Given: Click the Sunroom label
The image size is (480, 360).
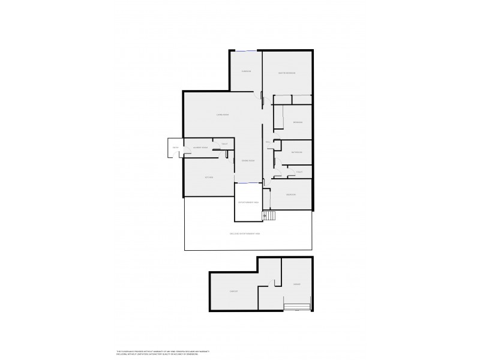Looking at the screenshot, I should (x=246, y=71).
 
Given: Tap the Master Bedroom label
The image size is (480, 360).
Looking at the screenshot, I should (x=287, y=73).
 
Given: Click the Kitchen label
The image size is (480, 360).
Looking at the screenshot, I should (x=209, y=178).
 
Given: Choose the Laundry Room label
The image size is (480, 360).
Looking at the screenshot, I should (x=200, y=148).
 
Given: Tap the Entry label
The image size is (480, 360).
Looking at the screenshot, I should (x=176, y=148).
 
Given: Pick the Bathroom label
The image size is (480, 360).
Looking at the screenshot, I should (x=296, y=152).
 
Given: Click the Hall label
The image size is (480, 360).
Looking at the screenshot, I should (x=268, y=142).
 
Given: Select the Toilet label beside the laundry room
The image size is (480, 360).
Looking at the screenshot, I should (x=224, y=143).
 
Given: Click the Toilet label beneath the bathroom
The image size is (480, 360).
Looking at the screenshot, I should (x=299, y=172).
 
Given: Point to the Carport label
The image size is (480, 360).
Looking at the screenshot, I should (x=234, y=292).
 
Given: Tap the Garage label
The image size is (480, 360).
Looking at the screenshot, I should (x=296, y=284).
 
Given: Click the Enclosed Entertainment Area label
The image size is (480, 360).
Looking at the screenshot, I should (x=245, y=233).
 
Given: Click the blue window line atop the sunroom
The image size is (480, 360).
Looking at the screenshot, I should (x=245, y=51).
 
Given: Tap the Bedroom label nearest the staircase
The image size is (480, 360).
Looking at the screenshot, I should (x=291, y=195).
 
